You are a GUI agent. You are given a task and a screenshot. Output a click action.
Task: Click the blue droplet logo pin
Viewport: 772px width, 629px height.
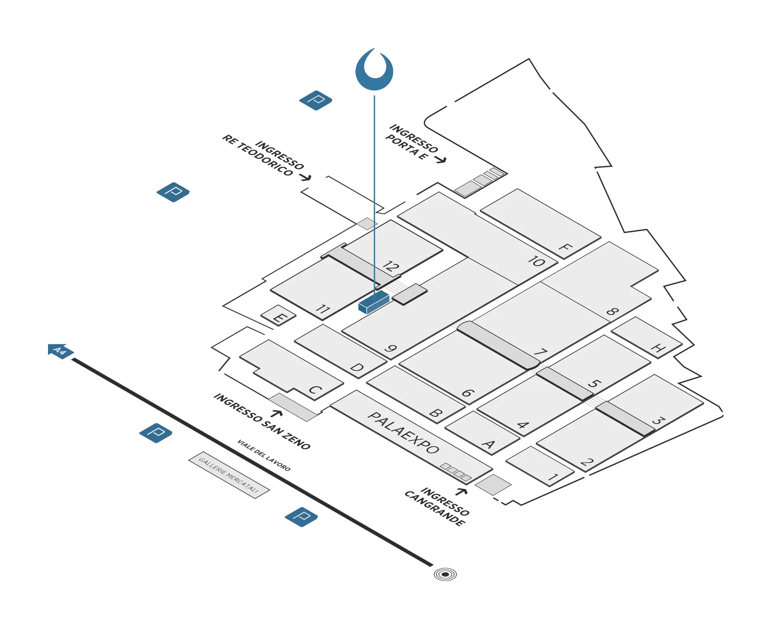click(x=374, y=70)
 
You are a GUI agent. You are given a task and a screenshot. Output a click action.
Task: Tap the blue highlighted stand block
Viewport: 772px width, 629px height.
click(x=373, y=302)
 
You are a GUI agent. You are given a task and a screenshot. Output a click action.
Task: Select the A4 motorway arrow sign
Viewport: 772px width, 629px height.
click(x=60, y=350)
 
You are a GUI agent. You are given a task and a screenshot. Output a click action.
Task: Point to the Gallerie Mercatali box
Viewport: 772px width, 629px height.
click(x=229, y=475)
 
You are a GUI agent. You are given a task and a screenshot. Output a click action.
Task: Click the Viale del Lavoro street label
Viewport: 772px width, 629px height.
click(x=264, y=455)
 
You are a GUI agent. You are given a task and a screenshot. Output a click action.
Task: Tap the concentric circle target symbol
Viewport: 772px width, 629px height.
click(x=445, y=574)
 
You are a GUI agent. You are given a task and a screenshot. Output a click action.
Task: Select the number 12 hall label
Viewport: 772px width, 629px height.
click(x=391, y=266)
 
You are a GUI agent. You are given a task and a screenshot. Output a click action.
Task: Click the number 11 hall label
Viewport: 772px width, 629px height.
click(x=323, y=309)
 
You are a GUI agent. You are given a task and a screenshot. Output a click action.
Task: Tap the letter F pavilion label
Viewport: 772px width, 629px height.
click(x=565, y=248)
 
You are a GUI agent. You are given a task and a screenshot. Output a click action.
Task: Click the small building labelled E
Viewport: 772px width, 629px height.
click(x=278, y=316)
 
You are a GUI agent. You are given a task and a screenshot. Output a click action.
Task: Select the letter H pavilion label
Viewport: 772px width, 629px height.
click(x=658, y=348)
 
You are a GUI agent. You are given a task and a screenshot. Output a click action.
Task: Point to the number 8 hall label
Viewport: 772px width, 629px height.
click(x=612, y=312)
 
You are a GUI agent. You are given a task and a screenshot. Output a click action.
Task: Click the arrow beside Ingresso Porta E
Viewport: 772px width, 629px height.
click(x=441, y=159)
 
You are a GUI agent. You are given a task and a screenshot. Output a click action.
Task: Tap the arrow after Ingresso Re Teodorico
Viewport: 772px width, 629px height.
click(x=305, y=178)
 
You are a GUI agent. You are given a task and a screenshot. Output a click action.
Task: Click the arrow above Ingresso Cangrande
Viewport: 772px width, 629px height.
click(x=461, y=492)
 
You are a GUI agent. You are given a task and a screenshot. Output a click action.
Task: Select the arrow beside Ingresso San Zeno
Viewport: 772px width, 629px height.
click(x=277, y=413)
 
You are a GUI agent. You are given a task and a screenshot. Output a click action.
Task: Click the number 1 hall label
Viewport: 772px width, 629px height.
click(x=553, y=477)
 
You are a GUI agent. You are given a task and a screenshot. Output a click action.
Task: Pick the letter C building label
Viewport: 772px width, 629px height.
click(x=315, y=390)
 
